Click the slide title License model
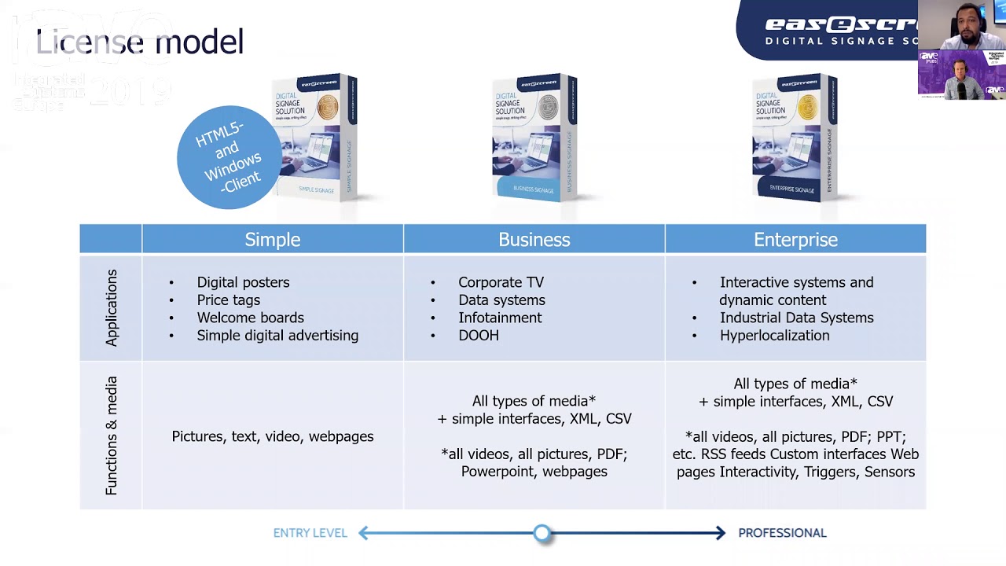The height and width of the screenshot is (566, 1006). tap(140, 42)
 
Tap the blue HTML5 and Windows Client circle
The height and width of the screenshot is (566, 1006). tap(228, 157)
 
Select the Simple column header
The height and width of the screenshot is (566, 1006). tap(272, 239)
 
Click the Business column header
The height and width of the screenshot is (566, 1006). tap(534, 239)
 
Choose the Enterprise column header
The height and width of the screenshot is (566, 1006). tap(795, 239)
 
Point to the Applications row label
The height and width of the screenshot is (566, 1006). tap(111, 307)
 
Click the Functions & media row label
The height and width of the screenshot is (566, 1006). tap(111, 436)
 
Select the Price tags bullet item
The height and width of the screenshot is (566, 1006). tap(228, 300)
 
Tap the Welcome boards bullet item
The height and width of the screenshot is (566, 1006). tap(250, 318)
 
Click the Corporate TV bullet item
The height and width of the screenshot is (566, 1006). tap(501, 282)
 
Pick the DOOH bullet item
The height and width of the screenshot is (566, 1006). tap(478, 336)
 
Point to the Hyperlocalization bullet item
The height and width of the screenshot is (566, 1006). tap(774, 336)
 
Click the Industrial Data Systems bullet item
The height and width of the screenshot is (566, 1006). tap(796, 318)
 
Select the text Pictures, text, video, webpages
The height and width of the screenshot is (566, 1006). tap(272, 436)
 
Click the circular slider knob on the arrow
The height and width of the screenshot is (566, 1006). tap(542, 534)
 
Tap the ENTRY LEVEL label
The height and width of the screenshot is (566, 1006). tap(310, 533)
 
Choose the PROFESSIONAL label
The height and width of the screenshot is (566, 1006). tap(782, 533)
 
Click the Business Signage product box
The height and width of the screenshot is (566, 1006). tap(534, 138)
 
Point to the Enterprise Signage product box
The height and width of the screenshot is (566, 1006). tap(794, 138)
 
